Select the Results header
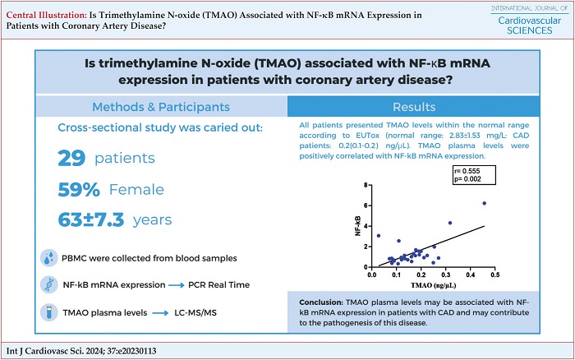pyautogui.click(x=413, y=107)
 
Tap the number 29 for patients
pyautogui.click(x=78, y=159)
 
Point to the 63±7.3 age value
pyautogui.click(x=114, y=219)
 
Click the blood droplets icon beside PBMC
pyautogui.click(x=49, y=257)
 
